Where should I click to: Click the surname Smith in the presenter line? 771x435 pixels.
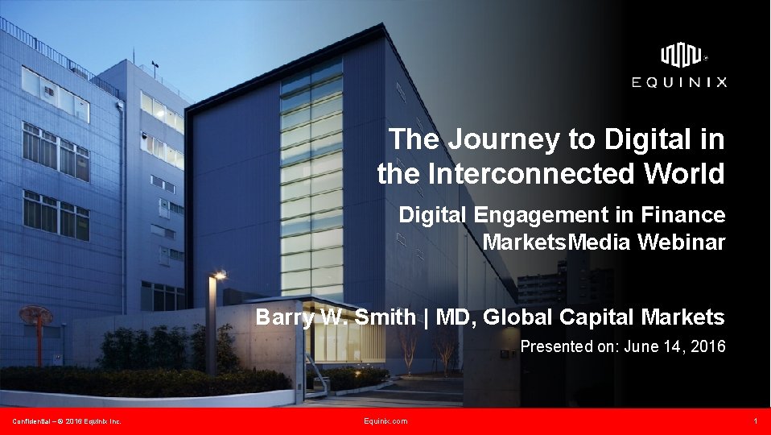click(x=384, y=317)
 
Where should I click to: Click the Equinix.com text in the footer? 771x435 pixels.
click(x=385, y=421)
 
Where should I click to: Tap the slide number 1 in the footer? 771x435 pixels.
click(x=756, y=421)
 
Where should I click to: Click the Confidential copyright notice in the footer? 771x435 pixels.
click(x=66, y=421)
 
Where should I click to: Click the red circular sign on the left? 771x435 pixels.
click(x=35, y=315)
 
